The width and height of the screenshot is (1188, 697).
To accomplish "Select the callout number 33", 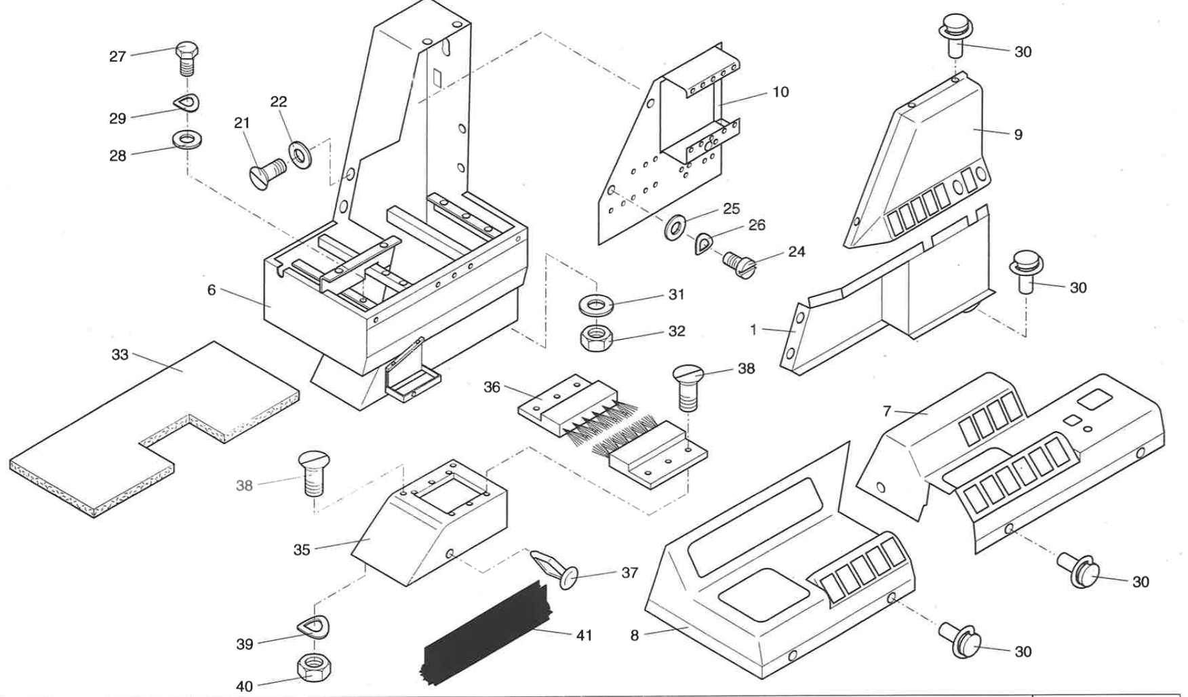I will click(x=120, y=355).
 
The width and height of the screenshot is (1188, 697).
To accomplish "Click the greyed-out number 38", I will click(x=244, y=485).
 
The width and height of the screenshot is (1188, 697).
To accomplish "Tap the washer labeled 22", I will click(x=299, y=155).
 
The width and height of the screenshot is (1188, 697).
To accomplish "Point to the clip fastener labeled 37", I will click(x=557, y=571).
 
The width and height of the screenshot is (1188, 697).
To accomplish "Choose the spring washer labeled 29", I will click(x=185, y=103).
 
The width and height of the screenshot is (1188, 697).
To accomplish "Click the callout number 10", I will click(x=780, y=92).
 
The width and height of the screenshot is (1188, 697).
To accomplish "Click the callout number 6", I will click(x=212, y=290).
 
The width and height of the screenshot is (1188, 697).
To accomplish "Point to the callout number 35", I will click(x=302, y=550).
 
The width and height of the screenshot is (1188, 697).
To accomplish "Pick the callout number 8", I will click(x=635, y=635).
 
